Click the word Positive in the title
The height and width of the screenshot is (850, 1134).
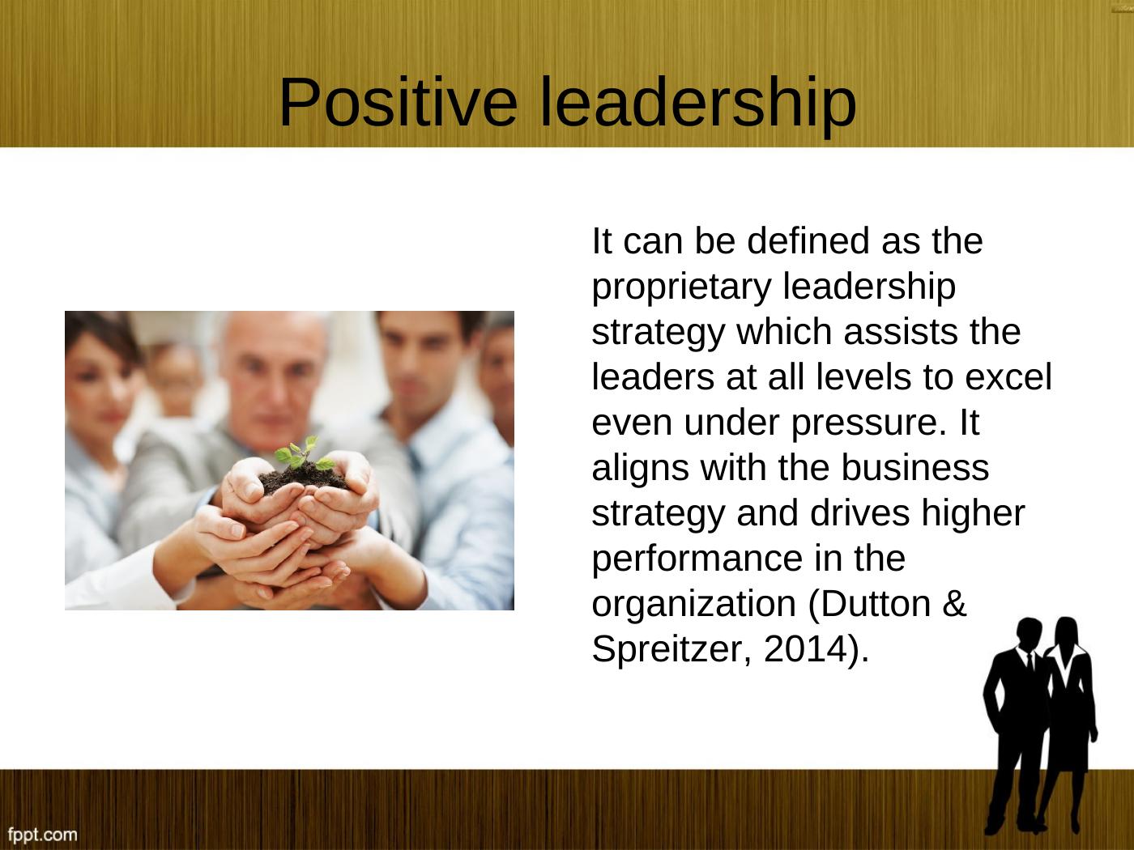[x=398, y=102]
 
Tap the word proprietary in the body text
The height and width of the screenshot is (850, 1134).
[x=681, y=288]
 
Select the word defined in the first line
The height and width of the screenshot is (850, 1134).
[x=808, y=240]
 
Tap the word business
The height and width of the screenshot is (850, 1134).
[x=915, y=467]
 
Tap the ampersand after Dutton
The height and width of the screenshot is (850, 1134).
[x=954, y=603]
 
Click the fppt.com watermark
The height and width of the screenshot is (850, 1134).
[x=42, y=834]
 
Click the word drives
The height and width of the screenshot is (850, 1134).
[x=859, y=512]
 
